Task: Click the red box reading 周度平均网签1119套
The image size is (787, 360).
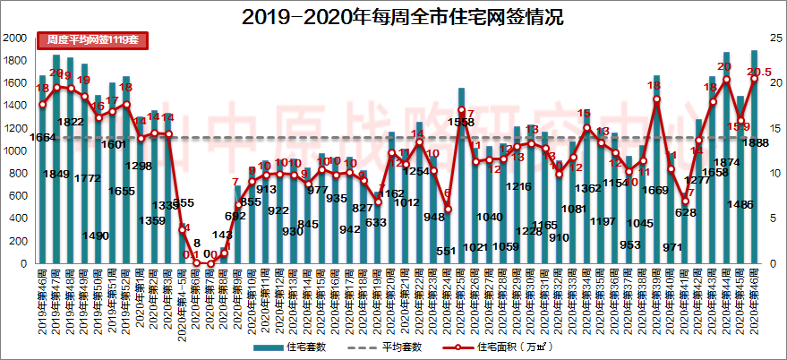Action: (x=92, y=40)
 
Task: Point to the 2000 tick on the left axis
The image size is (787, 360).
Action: (x=14, y=39)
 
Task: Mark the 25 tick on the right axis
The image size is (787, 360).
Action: (x=771, y=39)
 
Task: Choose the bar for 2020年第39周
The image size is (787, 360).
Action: (x=656, y=170)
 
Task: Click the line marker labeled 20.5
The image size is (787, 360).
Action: (x=755, y=79)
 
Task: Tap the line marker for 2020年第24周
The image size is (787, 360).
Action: (x=448, y=210)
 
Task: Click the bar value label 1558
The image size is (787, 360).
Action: (x=461, y=122)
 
